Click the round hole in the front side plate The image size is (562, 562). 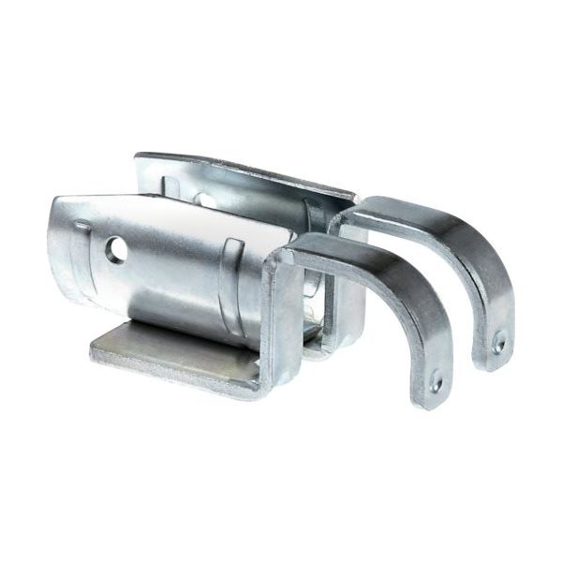pos(116,249)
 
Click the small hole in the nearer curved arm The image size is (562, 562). pos(436,383)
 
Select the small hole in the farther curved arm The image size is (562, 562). pos(498,345)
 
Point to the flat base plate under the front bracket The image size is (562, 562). pos(169,354)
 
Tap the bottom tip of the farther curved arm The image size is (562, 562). pos(496,363)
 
